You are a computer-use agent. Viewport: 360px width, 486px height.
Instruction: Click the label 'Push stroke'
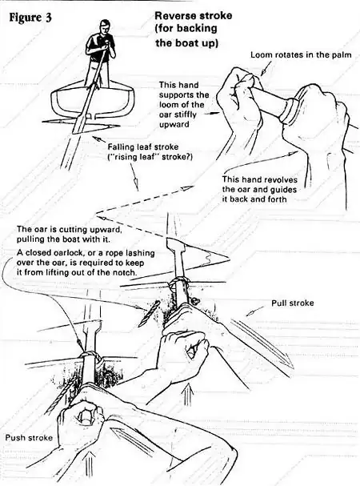26,438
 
